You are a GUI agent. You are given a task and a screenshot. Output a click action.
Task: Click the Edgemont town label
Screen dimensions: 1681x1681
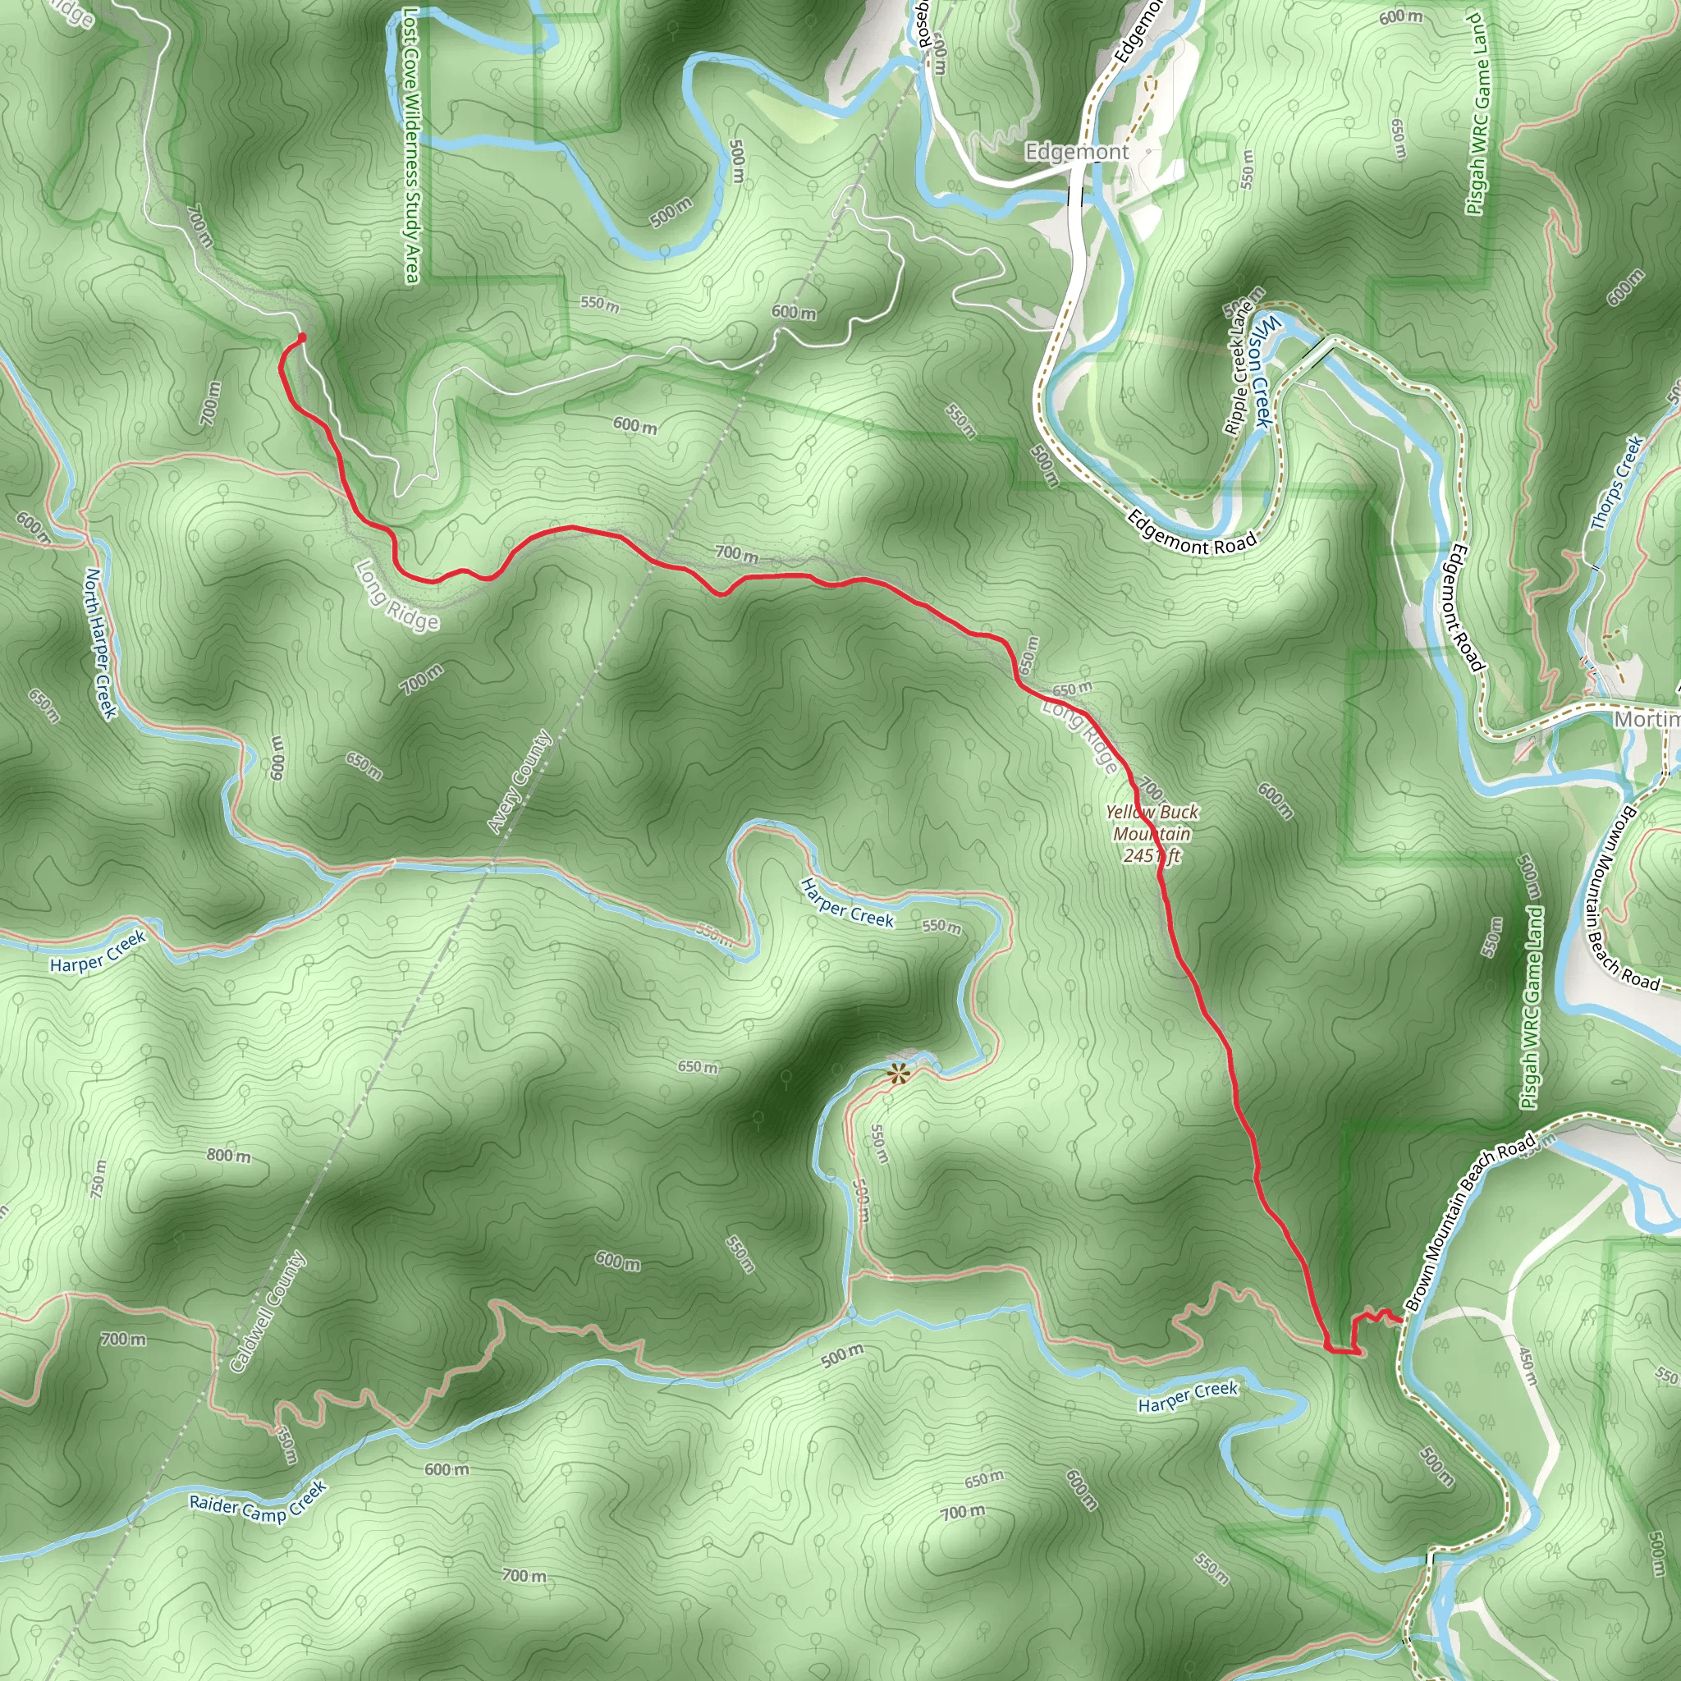1076,153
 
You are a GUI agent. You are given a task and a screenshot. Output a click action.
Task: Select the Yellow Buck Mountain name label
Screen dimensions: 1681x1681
1152,822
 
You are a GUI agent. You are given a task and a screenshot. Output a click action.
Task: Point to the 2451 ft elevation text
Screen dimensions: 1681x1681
1151,855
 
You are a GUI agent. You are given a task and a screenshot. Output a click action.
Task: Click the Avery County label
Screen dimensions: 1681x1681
520,781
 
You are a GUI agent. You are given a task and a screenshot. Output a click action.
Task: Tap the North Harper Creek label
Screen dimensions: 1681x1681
100,643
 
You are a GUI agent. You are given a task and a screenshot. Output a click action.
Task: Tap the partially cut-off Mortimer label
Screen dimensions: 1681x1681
1647,720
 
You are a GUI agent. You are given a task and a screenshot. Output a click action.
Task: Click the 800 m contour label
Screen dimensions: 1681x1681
229,1156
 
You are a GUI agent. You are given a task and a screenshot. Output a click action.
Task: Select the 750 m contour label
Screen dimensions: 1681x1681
98,1179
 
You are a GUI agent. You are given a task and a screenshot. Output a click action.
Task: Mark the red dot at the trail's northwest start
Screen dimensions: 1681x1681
302,337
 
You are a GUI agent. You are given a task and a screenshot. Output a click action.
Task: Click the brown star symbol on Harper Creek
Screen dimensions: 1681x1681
897,1073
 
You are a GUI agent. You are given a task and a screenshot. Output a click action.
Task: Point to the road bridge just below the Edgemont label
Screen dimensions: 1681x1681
1076,197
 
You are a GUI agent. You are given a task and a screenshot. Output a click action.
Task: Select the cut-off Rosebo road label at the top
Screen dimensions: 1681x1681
925,26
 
